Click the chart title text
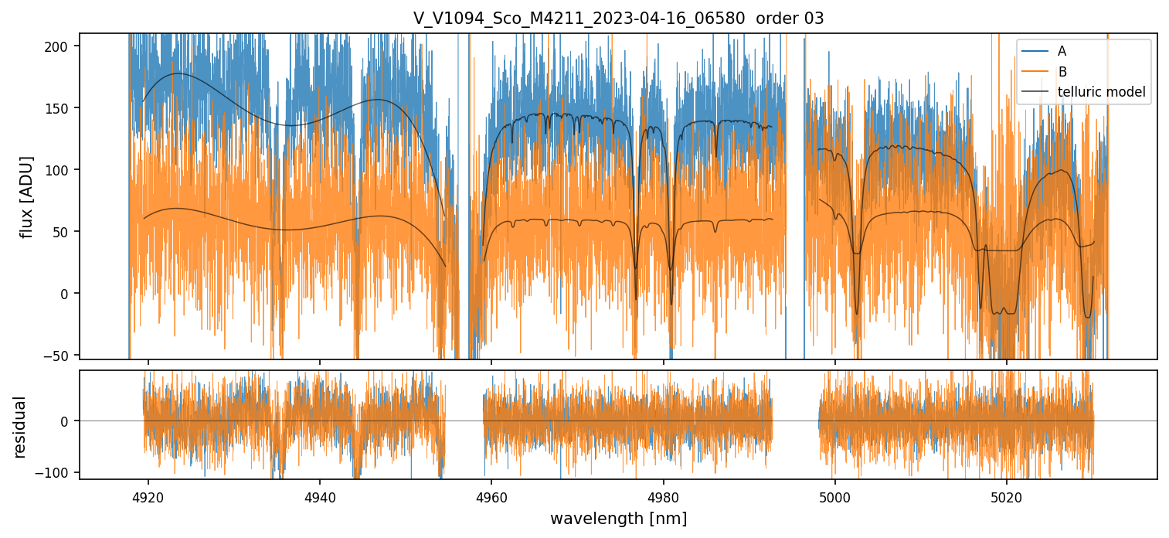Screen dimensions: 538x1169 pos(618,19)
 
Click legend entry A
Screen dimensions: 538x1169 pos(1062,51)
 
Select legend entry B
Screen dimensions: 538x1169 pos(1062,72)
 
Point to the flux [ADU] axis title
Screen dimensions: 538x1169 pos(28,196)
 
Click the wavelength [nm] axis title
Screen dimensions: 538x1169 pos(618,518)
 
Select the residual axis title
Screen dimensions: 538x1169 pos(20,427)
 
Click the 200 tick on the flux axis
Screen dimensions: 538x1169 pos(62,46)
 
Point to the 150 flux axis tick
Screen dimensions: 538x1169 pos(62,108)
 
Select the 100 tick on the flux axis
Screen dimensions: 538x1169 pos(62,170)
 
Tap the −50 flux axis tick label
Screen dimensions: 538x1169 pos(60,356)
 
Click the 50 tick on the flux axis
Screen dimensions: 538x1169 pos(65,232)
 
